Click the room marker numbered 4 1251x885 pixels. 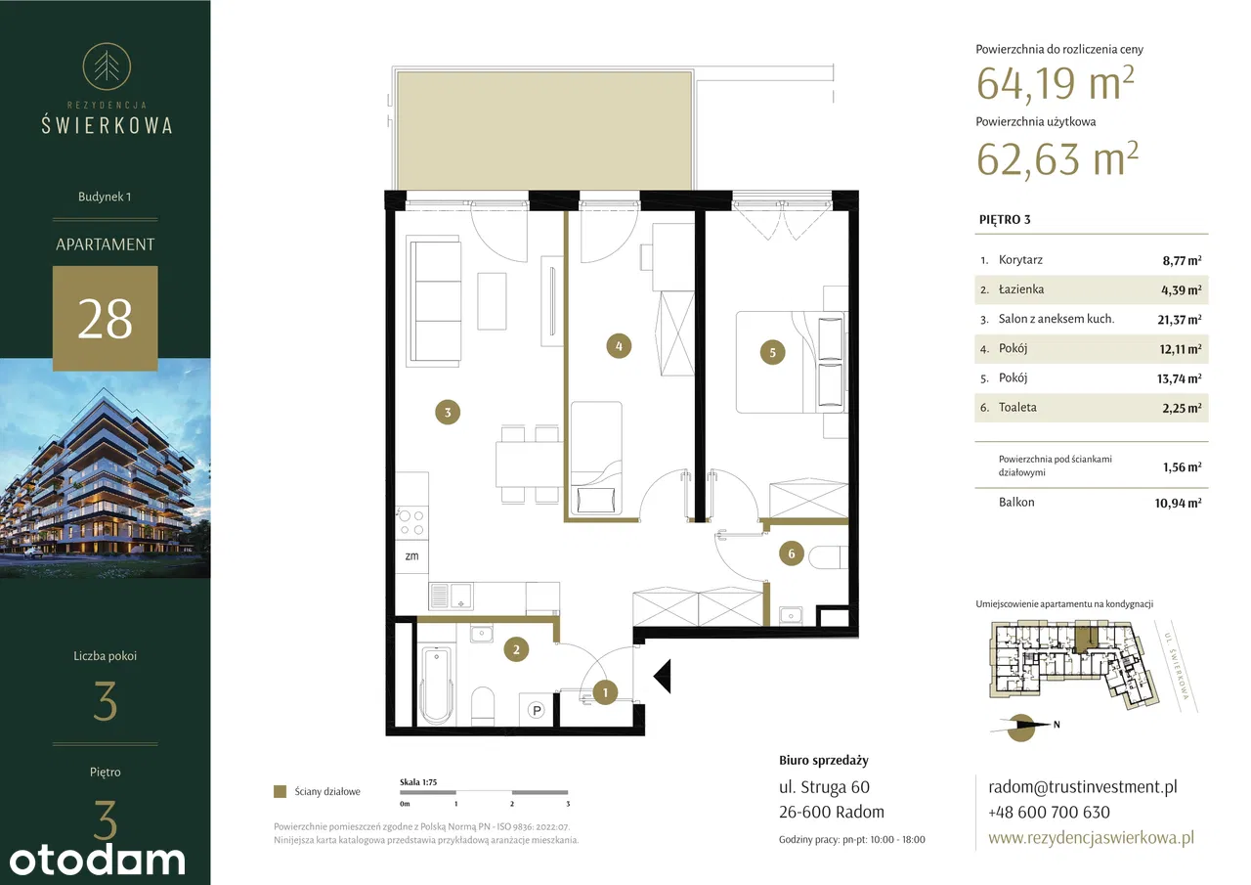click(x=619, y=346)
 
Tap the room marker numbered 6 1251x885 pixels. click(x=791, y=553)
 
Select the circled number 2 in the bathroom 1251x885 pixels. click(x=516, y=649)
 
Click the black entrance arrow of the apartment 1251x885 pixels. click(x=663, y=676)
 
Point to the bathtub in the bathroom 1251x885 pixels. click(x=436, y=686)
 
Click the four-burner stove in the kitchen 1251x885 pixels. click(x=411, y=523)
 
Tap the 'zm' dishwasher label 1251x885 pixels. click(x=411, y=555)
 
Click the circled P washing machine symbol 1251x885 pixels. click(x=537, y=710)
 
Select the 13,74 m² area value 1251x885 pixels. click(x=1179, y=378)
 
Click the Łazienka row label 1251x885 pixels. click(x=1021, y=289)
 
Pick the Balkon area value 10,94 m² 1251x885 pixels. click(x=1178, y=503)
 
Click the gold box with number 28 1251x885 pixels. click(x=105, y=319)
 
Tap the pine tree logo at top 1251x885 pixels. click(x=107, y=66)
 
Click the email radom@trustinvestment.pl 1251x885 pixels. click(x=1082, y=786)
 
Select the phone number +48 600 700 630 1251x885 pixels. click(x=1049, y=812)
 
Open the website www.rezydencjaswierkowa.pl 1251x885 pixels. click(x=1091, y=838)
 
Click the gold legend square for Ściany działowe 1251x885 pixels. click(x=280, y=791)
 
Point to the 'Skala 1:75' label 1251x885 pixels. click(x=418, y=782)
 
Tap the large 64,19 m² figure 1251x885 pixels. click(x=1055, y=83)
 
